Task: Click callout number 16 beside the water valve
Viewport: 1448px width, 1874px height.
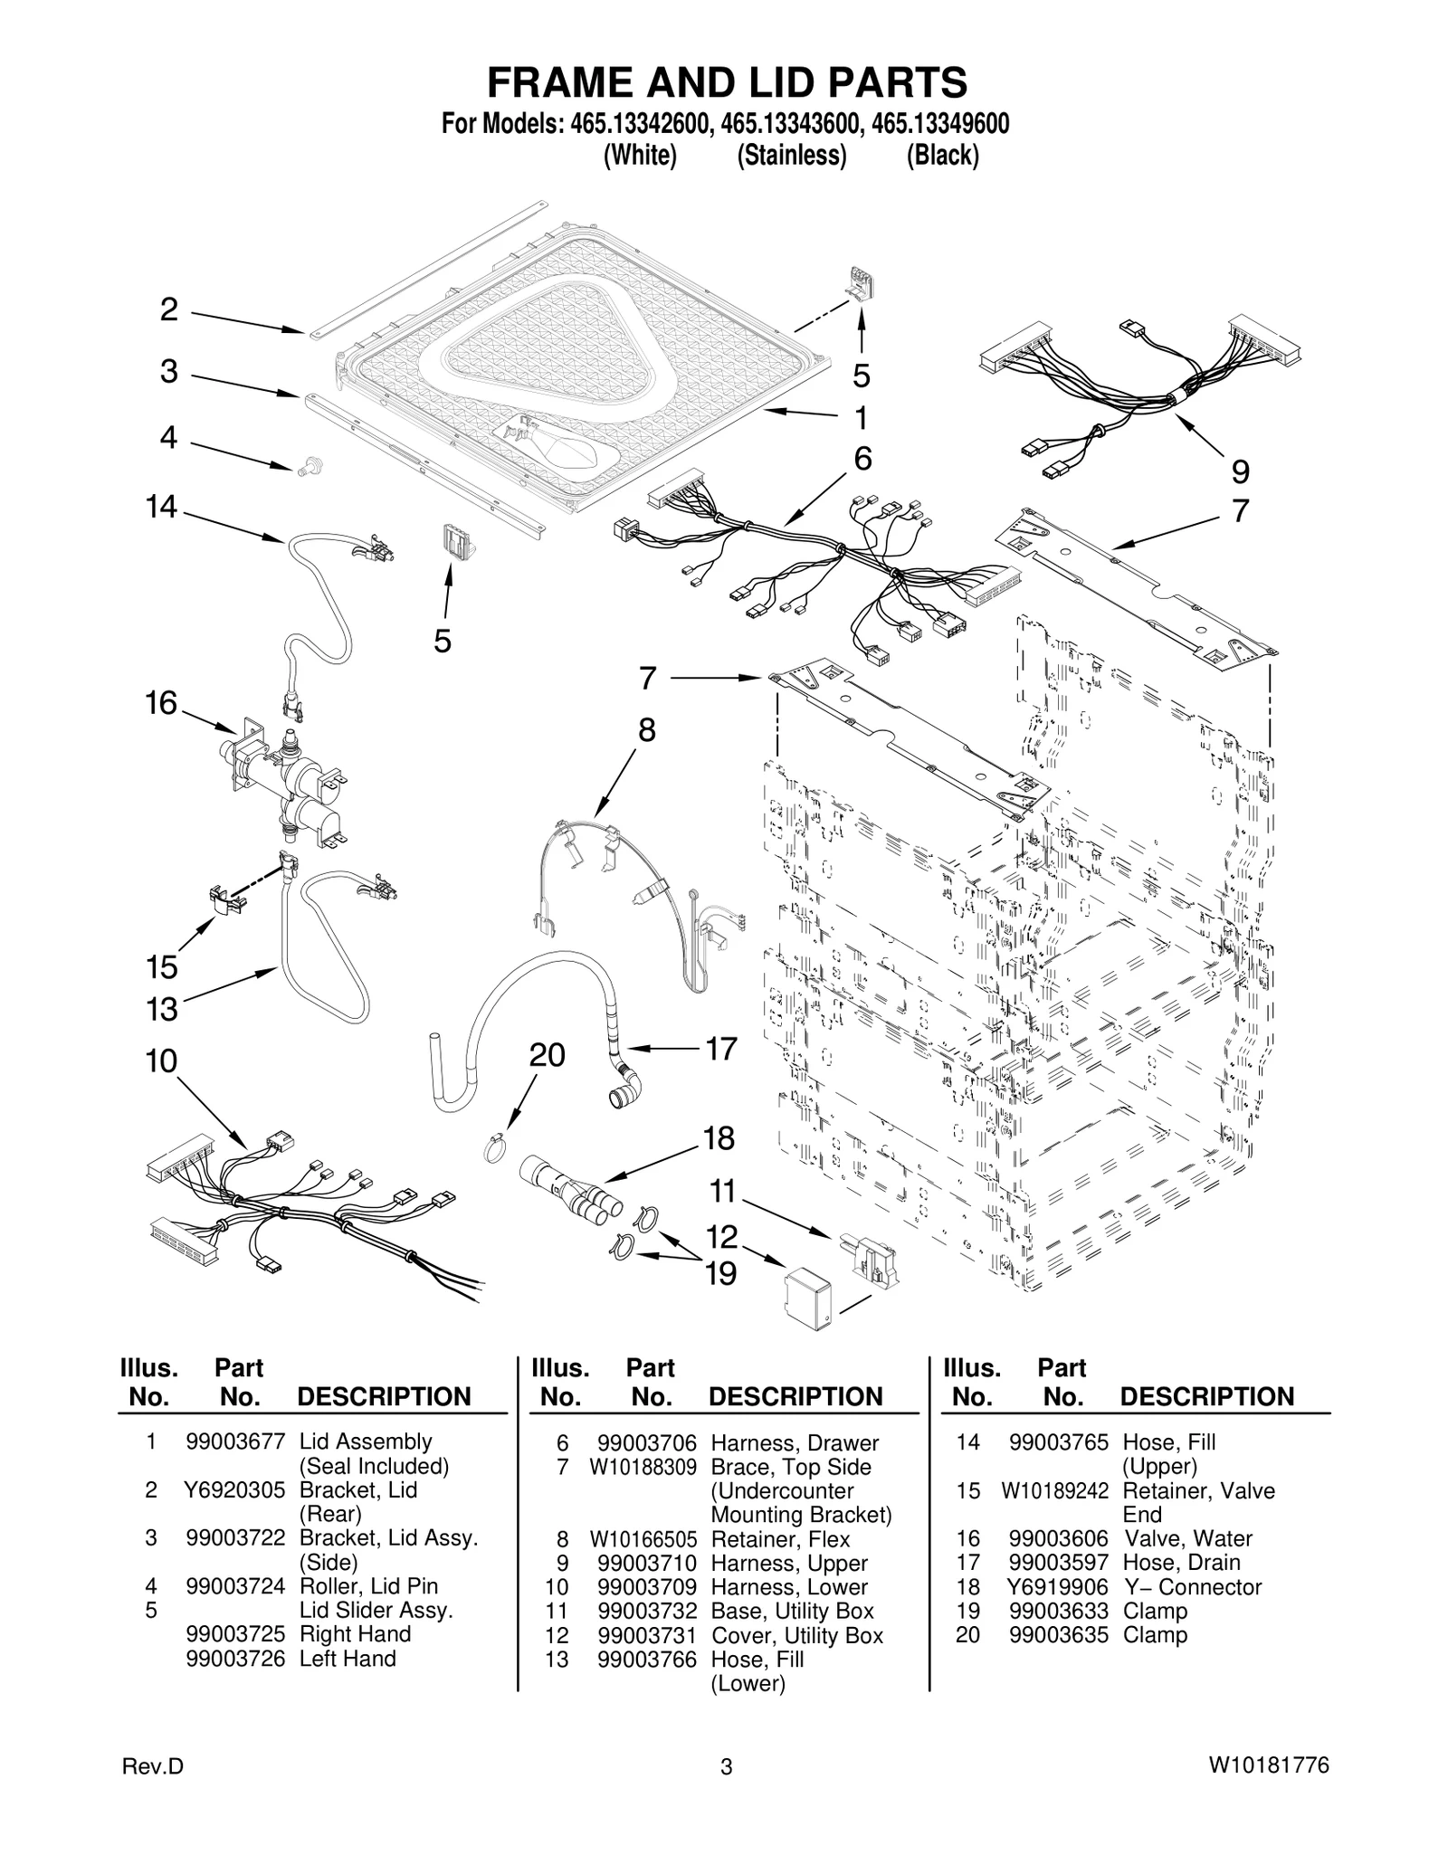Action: (161, 703)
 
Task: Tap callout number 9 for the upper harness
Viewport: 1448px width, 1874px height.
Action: (1240, 471)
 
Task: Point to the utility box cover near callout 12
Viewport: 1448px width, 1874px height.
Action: (811, 1298)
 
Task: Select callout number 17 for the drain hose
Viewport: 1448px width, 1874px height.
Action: (721, 1049)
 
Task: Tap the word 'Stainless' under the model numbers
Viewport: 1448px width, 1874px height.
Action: (791, 156)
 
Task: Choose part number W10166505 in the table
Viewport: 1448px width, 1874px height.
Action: (643, 1538)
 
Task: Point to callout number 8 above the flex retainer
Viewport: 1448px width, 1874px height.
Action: (646, 729)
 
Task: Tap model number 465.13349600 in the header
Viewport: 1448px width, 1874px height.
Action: (937, 124)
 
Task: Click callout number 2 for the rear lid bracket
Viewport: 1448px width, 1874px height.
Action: (168, 309)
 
